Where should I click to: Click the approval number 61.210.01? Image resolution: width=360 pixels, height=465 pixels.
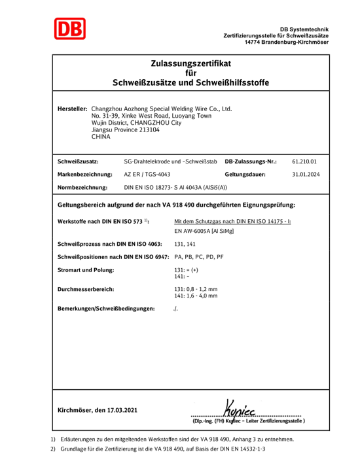304,160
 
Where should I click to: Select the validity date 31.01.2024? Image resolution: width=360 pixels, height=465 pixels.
305,174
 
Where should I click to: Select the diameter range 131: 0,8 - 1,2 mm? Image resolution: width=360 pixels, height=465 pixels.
196,288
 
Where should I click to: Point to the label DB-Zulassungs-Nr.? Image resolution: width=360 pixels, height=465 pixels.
251,160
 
